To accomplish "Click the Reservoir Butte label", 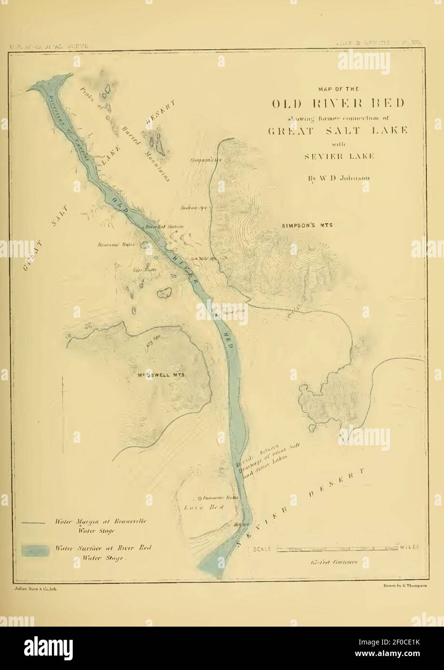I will tap(116, 244).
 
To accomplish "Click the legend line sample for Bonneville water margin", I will tap(34, 522).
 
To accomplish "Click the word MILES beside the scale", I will tap(408, 547).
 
